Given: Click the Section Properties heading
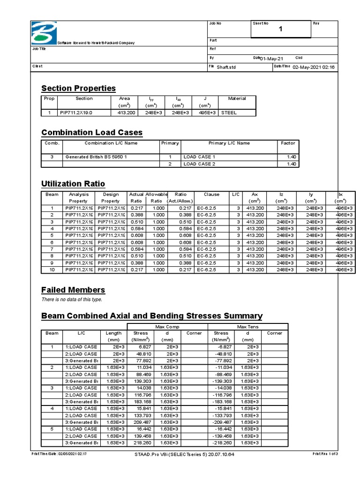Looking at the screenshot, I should click(78, 88).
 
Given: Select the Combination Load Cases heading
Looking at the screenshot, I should click(92, 132).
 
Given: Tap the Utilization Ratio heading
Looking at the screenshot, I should click(73, 183).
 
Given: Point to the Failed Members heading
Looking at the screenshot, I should click(73, 290).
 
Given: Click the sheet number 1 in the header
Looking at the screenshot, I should click(281, 30).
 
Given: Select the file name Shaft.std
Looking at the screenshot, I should click(227, 67).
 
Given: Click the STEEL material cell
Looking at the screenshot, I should click(229, 112).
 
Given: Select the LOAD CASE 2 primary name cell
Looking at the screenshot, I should click(199, 164).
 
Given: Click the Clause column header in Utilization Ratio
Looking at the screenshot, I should click(211, 194).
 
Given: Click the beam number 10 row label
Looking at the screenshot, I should click(52, 270).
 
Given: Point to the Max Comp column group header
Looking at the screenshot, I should click(167, 326).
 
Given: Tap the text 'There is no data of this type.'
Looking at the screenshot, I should click(72, 300).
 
